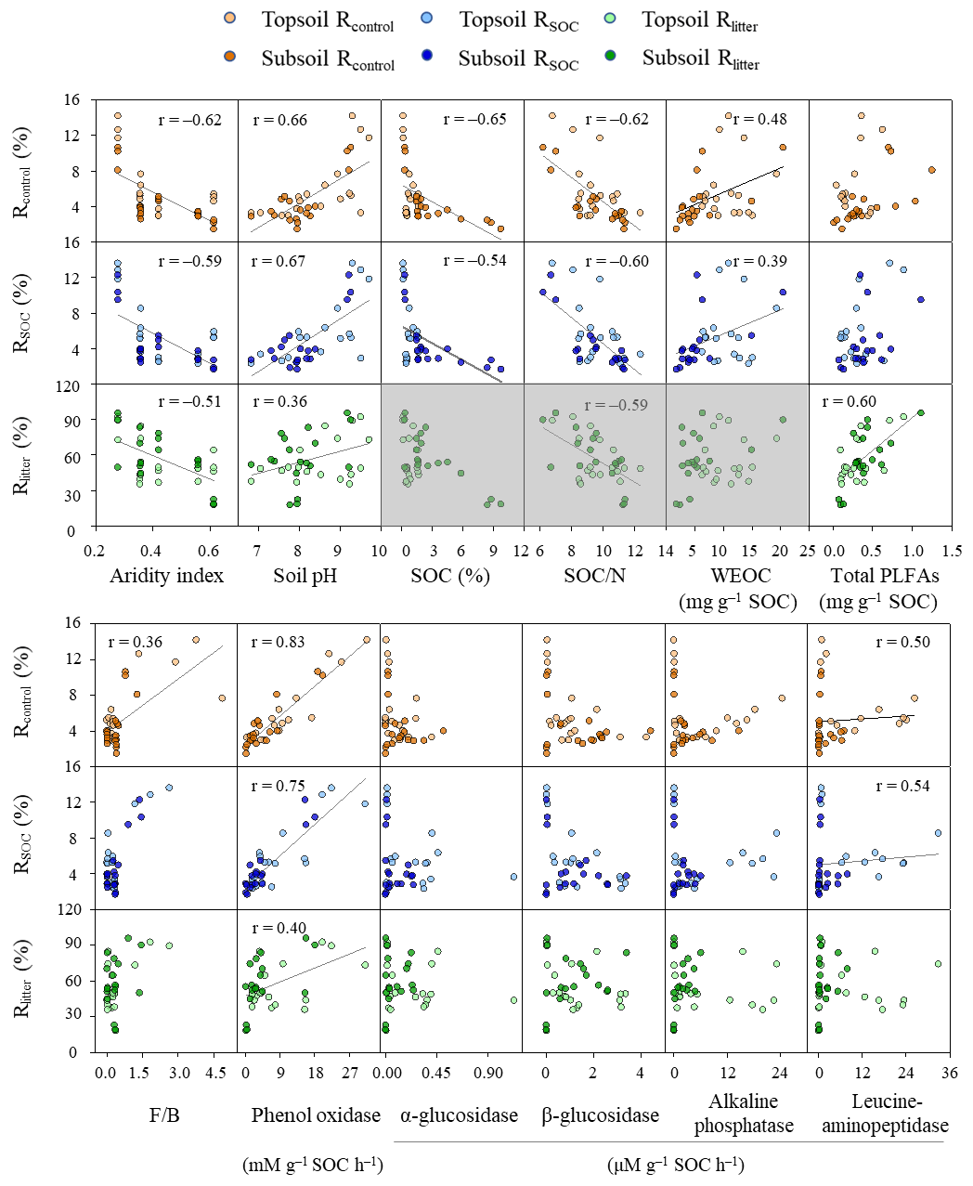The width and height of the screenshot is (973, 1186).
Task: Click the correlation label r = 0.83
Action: [279, 642]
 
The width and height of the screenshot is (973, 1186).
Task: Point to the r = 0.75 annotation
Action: [279, 786]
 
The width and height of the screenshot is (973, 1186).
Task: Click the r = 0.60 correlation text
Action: [849, 402]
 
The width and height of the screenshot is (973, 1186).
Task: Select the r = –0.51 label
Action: [190, 402]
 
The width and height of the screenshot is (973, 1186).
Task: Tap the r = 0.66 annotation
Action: [279, 120]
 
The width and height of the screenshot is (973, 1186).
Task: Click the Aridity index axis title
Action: [166, 576]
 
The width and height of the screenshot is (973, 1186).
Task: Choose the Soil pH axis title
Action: [305, 576]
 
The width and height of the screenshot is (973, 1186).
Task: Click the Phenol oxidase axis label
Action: [316, 1114]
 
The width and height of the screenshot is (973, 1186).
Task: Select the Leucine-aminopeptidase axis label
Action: [885, 1114]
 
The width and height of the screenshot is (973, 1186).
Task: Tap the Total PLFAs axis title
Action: [885, 576]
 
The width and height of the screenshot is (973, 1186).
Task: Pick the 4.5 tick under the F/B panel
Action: [214, 1073]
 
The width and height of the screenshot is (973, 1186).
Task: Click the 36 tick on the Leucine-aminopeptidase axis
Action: [949, 1073]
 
